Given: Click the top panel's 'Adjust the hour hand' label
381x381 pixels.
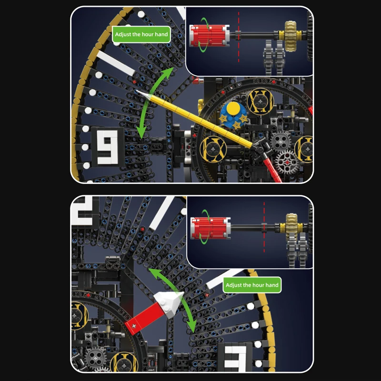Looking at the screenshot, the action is [x=141, y=34].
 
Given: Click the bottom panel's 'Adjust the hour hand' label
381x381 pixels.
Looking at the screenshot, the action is [x=252, y=285].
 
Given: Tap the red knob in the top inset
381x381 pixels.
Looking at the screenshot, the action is [x=209, y=35].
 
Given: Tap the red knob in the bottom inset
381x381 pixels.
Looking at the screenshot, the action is [x=211, y=228].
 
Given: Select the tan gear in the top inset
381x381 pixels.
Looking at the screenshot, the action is [x=291, y=36].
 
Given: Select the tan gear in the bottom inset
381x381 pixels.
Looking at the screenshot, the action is [x=291, y=227].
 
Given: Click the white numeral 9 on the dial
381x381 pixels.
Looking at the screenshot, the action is [x=108, y=147].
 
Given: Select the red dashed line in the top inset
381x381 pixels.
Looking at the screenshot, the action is [x=239, y=37].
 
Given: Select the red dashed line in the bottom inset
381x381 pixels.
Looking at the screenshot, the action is [x=264, y=227].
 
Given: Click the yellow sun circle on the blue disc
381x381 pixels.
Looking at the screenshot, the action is [x=233, y=109].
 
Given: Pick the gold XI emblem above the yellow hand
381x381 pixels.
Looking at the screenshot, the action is [x=260, y=101].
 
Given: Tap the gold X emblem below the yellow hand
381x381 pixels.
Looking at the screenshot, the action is [x=213, y=149].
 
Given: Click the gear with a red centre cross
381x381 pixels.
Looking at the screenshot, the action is [x=287, y=162].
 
